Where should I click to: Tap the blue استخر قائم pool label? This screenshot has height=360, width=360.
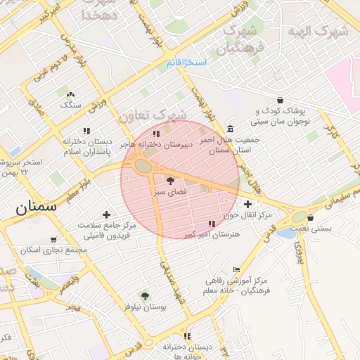pos(186,63)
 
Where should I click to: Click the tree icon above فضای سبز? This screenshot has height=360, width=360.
pos(171,181)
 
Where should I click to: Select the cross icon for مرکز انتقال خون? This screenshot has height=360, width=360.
pos(247,203)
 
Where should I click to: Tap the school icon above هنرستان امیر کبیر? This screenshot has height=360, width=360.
pos(212,224)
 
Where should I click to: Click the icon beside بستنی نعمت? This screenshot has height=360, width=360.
pos(300,217)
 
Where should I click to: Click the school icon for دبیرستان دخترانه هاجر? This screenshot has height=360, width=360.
pos(156,133)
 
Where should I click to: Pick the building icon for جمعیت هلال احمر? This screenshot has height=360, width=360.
pos(231,129)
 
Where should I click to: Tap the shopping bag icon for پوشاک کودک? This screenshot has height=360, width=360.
pos(280,100)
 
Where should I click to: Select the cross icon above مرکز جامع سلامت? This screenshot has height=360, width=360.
pos(106,214)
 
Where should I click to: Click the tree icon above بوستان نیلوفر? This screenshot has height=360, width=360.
pos(145,296)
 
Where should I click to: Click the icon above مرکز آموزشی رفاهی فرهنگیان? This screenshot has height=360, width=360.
pos(236,270)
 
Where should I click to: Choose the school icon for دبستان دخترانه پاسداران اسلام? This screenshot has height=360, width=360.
pos(86,131)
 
